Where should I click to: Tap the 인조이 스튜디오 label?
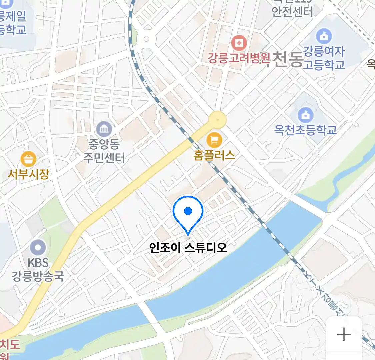click(188, 248)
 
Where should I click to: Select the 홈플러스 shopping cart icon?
click(214, 140)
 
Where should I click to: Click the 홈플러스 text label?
click(214, 155)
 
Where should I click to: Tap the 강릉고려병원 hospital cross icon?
click(239, 43)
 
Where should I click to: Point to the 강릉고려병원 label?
click(239, 58)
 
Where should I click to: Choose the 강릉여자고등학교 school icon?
click(324, 36)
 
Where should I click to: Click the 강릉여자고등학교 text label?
click(324, 58)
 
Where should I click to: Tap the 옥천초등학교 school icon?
click(305, 115)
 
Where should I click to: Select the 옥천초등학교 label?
click(305, 130)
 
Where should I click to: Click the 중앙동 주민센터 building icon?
click(104, 129)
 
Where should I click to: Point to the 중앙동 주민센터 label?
click(104, 151)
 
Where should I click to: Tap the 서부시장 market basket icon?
click(28, 159)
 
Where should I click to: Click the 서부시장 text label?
click(28, 174)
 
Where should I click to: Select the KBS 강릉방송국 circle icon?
click(38, 248)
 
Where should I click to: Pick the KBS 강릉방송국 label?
click(38, 269)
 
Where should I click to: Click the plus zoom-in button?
click(344, 334)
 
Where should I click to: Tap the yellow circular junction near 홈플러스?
click(218, 119)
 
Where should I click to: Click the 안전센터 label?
click(292, 12)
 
